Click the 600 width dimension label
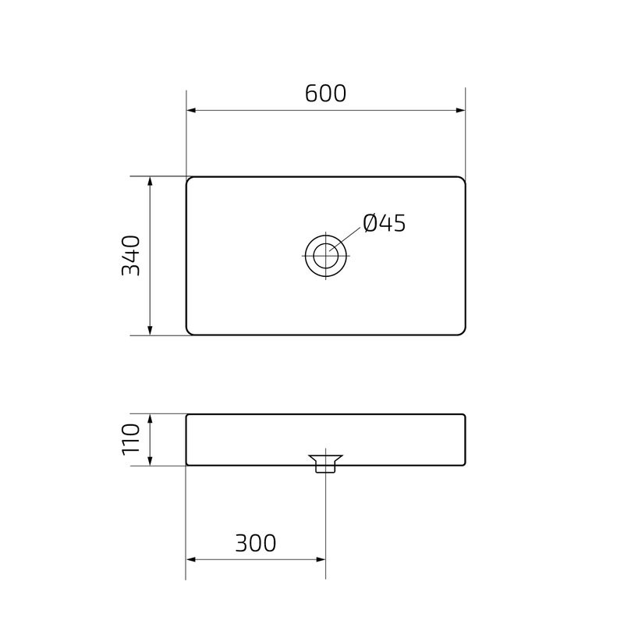(325, 94)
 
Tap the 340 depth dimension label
(131, 255)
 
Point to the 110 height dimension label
(131, 439)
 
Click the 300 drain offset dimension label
(255, 543)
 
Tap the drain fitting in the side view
(325, 463)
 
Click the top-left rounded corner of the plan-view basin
(190, 180)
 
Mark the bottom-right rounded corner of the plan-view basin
(462, 331)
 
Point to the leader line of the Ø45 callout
(350, 237)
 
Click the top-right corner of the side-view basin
(464, 416)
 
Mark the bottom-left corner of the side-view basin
(187, 465)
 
